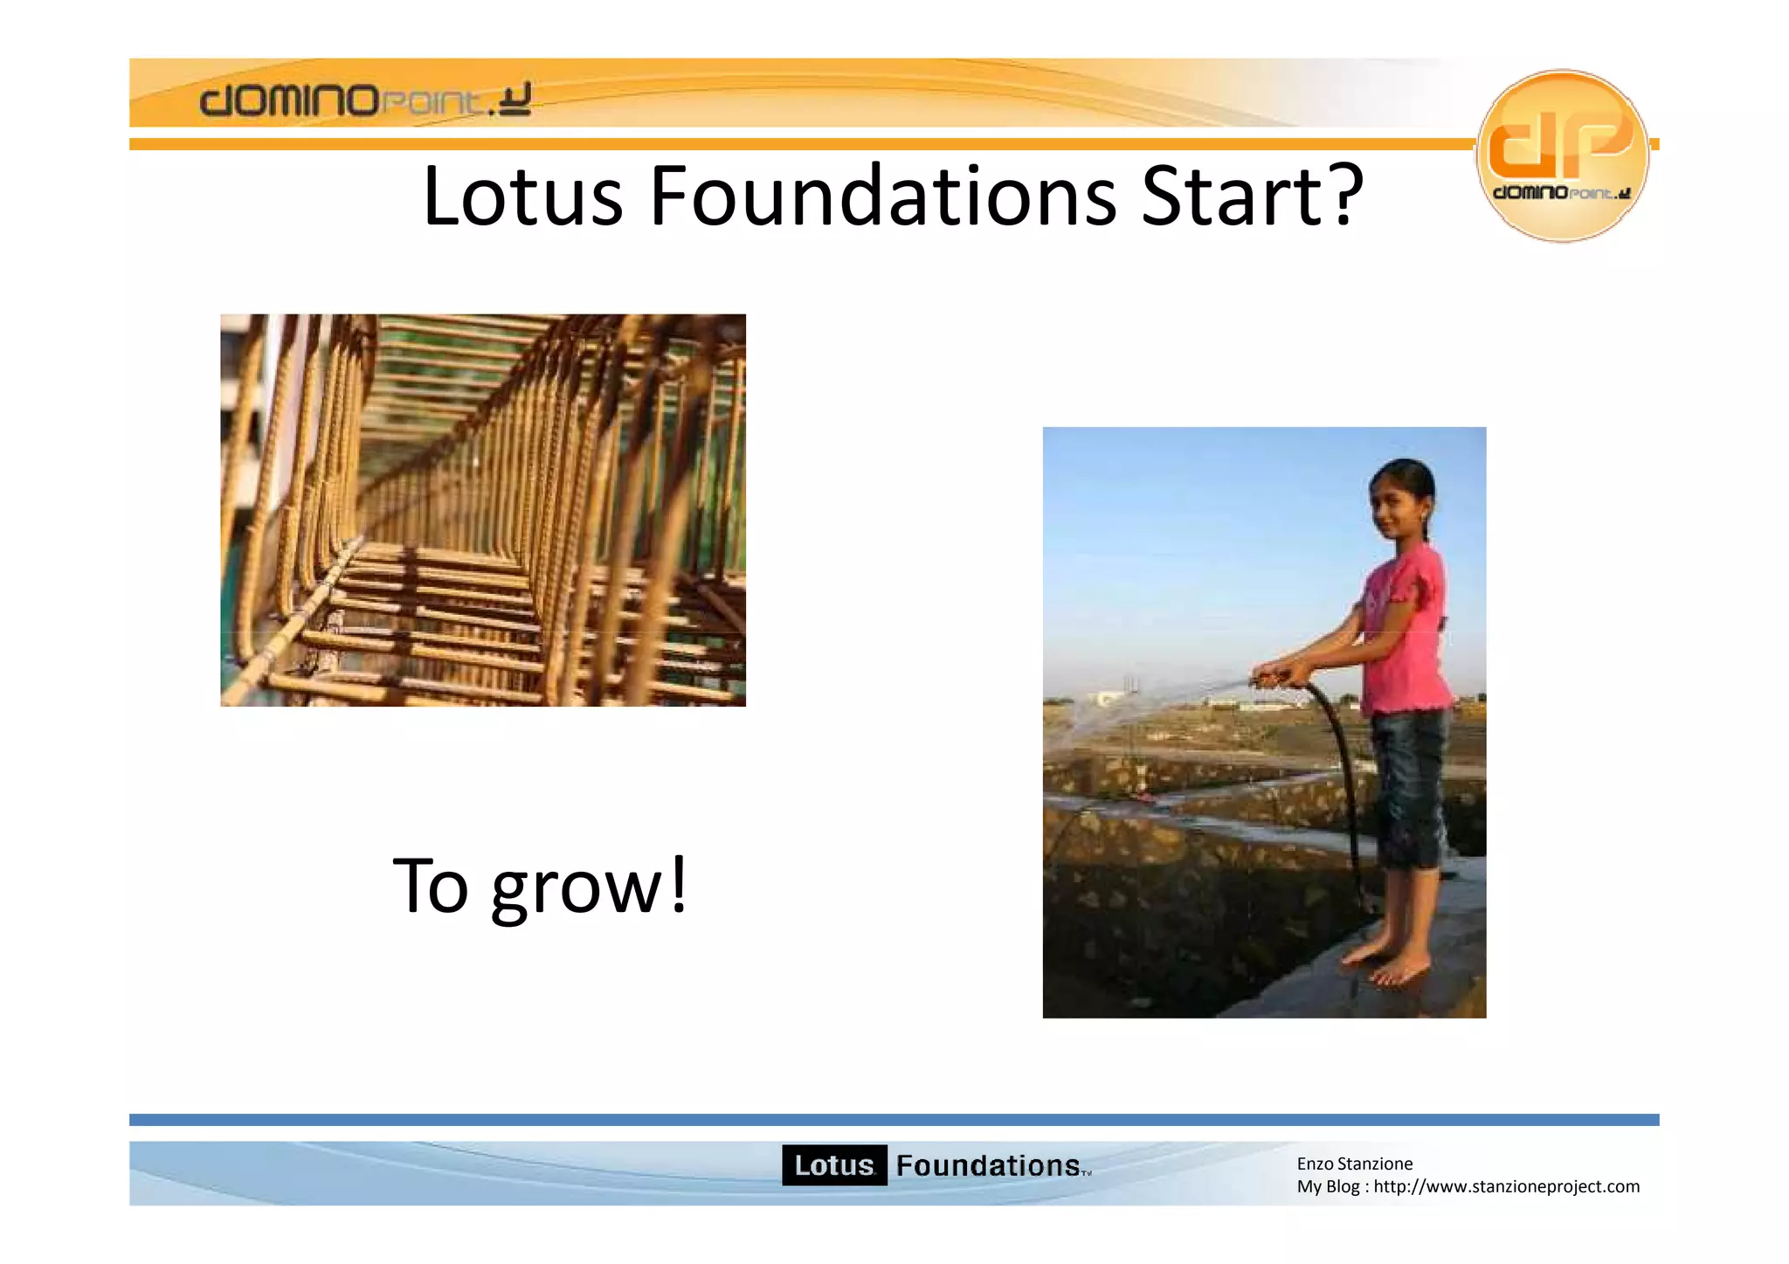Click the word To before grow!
[431, 886]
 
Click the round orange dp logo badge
[1562, 155]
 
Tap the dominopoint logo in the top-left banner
[365, 100]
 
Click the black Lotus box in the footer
[834, 1165]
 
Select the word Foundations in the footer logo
[988, 1165]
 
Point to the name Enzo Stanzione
[1354, 1164]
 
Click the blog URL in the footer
[1506, 1186]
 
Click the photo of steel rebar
[482, 510]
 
